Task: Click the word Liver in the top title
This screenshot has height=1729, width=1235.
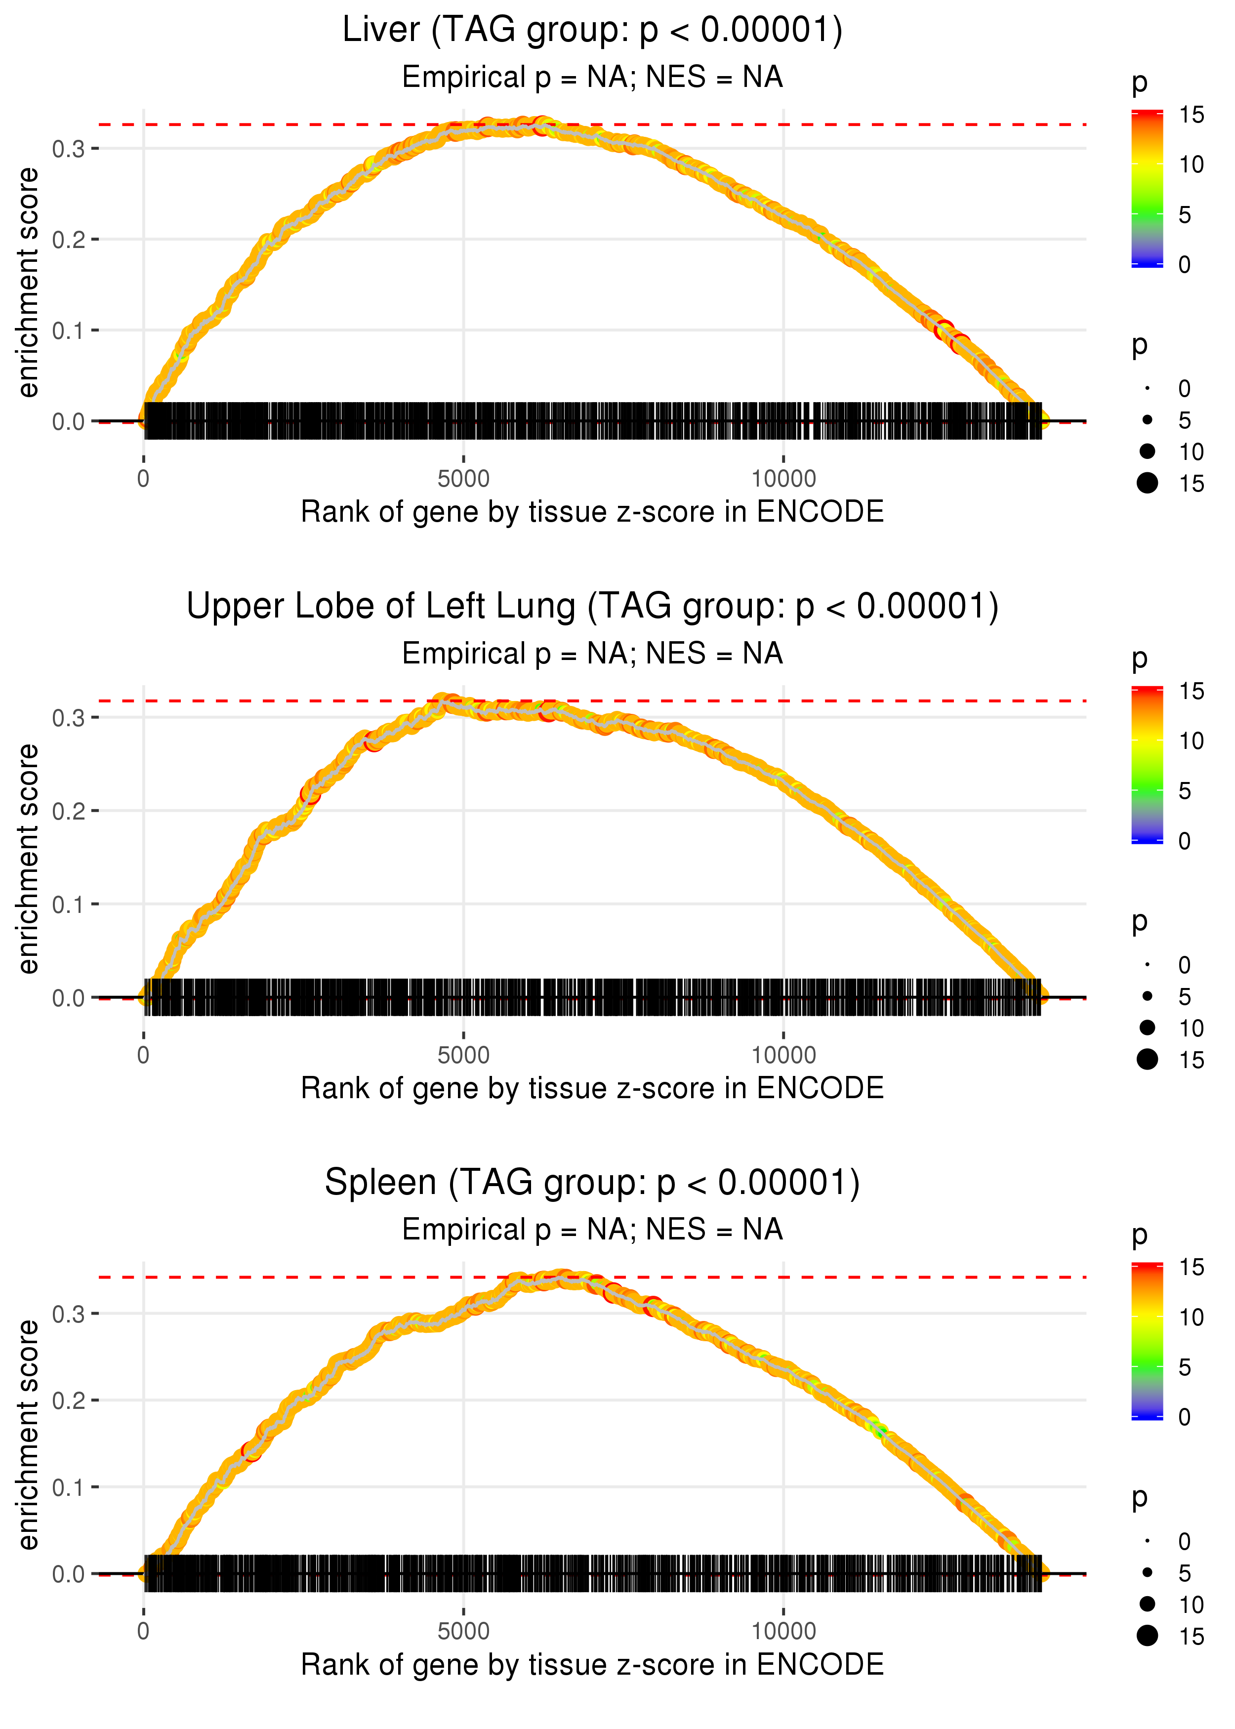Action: [x=380, y=31]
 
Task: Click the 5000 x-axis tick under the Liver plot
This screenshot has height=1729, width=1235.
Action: [x=463, y=479]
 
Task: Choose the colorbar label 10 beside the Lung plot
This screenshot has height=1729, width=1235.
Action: [x=1191, y=741]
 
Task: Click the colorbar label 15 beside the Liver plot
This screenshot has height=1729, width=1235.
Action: [x=1191, y=115]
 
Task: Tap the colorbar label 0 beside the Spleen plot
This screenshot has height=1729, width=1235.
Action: [x=1184, y=1417]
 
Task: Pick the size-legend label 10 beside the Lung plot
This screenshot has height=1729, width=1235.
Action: [x=1191, y=1028]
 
